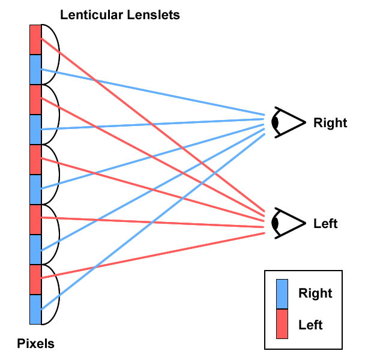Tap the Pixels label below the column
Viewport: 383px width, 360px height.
pyautogui.click(x=36, y=344)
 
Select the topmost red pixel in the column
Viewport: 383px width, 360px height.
pyautogui.click(x=35, y=39)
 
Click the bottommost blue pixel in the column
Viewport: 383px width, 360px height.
pyautogui.click(x=35, y=309)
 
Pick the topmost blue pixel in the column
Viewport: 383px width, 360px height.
pyautogui.click(x=35, y=69)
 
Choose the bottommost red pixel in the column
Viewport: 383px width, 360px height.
pyautogui.click(x=35, y=279)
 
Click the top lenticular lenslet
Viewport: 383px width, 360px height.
pyautogui.click(x=50, y=54)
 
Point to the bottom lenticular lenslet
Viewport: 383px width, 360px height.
pyautogui.click(x=50, y=294)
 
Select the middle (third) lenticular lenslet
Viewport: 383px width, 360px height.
pyautogui.click(x=50, y=174)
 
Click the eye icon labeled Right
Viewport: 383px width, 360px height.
pyautogui.click(x=286, y=122)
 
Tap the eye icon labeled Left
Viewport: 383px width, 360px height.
pyautogui.click(x=286, y=223)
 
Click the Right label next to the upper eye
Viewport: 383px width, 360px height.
pyautogui.click(x=330, y=123)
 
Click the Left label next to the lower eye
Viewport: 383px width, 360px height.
pyautogui.click(x=325, y=224)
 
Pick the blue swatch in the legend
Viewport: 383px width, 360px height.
pyautogui.click(x=282, y=294)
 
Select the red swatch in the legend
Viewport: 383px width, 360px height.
pyautogui.click(x=282, y=324)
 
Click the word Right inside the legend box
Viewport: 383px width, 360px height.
pyautogui.click(x=315, y=293)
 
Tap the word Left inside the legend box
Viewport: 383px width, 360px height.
pyautogui.click(x=310, y=325)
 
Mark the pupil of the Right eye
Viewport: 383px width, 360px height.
pyautogui.click(x=276, y=122)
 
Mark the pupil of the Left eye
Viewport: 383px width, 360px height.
pyautogui.click(x=276, y=223)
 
